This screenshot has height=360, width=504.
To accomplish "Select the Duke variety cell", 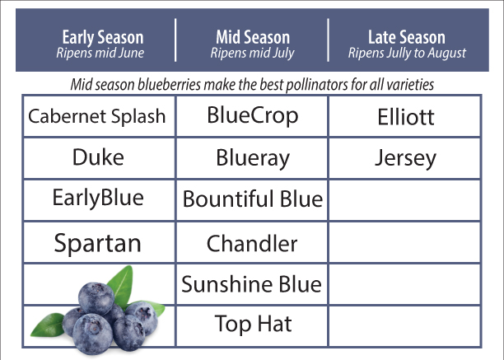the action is (x=98, y=157).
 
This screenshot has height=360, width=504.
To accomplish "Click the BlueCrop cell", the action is (x=253, y=116).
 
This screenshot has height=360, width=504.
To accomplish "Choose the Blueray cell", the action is (x=253, y=158).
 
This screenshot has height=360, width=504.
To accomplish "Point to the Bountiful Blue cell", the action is (x=253, y=199).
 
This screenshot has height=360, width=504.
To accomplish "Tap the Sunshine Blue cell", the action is (x=252, y=284).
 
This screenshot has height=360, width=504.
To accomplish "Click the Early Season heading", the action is (x=103, y=38).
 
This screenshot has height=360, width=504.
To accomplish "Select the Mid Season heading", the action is (x=253, y=37).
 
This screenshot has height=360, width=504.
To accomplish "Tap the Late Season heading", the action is (x=407, y=37).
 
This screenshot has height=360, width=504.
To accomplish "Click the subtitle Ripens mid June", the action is (x=100, y=53).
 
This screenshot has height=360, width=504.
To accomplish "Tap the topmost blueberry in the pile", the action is (x=96, y=298).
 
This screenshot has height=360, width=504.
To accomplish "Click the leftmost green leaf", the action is (x=48, y=325).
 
